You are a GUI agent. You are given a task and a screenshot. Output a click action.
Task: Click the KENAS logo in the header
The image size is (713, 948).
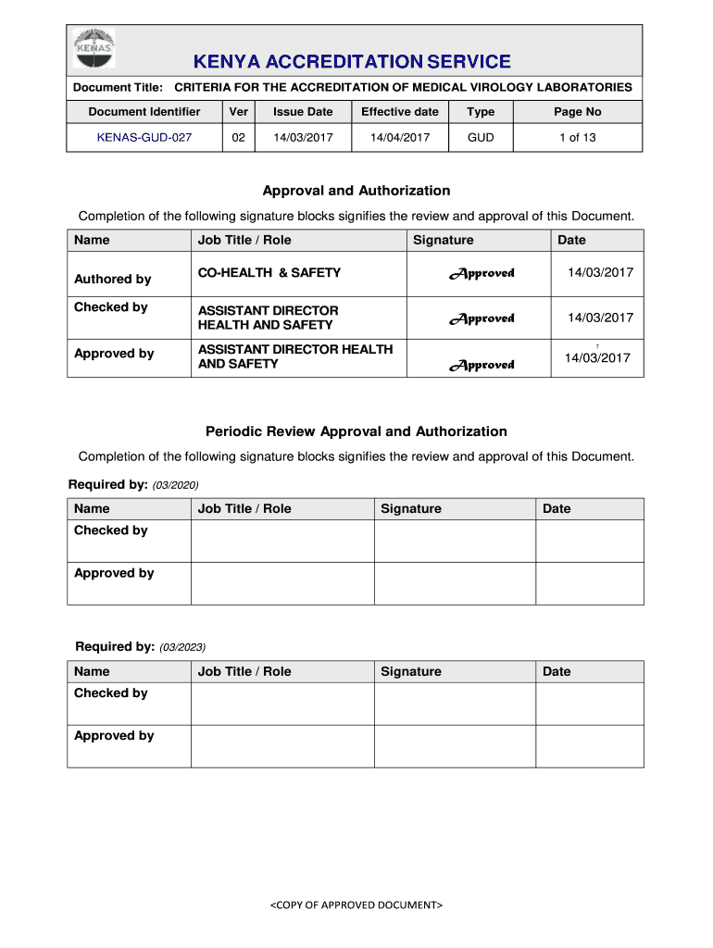pos(94,49)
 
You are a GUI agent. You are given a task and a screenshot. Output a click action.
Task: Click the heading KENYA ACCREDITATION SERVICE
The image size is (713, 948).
pos(352,62)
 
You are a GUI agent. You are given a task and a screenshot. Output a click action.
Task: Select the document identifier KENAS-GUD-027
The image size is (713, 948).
pos(144,137)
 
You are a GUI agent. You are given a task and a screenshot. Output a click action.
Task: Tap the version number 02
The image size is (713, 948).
pos(238,137)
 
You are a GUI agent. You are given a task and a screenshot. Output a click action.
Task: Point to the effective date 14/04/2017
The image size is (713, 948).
pos(400,137)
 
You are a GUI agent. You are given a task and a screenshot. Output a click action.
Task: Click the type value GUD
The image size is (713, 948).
pos(481,137)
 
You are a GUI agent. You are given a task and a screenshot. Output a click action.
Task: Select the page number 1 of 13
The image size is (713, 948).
pos(577,137)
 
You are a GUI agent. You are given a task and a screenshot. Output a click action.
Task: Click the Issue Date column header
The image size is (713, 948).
pos(303,112)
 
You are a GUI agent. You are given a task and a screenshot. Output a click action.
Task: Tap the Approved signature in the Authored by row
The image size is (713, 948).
pos(482,273)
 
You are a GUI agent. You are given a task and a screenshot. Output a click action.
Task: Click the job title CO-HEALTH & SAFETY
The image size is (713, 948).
pos(269,272)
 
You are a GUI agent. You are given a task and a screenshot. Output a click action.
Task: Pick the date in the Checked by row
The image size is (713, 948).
pos(600,318)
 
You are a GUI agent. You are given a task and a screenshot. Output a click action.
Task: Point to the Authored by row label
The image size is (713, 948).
pos(112,279)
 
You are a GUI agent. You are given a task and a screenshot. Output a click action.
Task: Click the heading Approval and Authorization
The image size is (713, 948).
pos(356,191)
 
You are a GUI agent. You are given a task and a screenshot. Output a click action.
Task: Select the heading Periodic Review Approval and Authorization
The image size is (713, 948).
pos(356,431)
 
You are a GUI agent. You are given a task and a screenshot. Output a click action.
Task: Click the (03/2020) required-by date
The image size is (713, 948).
pos(176,485)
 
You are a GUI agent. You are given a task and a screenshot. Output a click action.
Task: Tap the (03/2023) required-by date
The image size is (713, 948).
pos(182,647)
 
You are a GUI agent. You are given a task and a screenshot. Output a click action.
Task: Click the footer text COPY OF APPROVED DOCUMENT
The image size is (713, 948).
pos(356,904)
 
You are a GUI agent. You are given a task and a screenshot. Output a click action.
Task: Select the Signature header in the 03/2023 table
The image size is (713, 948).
pos(411,671)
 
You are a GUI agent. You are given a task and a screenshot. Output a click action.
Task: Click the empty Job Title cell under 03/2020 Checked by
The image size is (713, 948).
pos(282,541)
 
